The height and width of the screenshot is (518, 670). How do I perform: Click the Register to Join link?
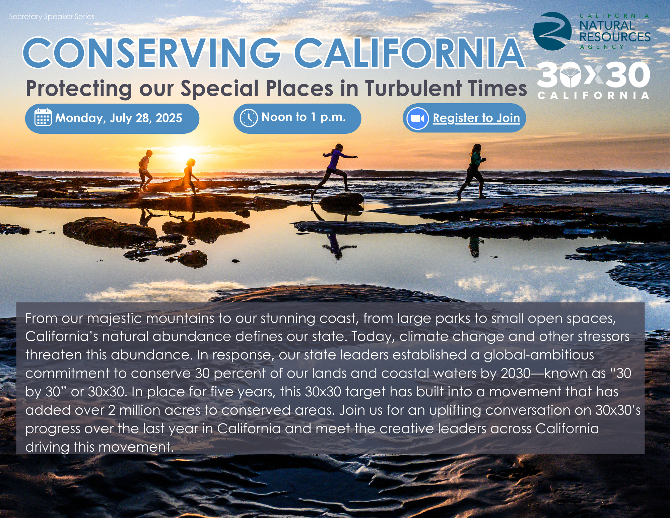pyautogui.click(x=476, y=118)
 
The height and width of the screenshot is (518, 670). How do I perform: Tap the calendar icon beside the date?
pyautogui.click(x=43, y=117)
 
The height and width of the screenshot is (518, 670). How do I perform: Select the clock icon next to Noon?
pyautogui.click(x=249, y=118)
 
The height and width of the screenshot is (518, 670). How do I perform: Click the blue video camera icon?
pyautogui.click(x=417, y=119)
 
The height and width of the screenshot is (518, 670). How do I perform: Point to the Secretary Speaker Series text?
pyautogui.click(x=52, y=16)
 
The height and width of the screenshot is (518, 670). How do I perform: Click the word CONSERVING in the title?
pyautogui.click(x=151, y=53)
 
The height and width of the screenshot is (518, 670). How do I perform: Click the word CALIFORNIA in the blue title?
pyautogui.click(x=409, y=53)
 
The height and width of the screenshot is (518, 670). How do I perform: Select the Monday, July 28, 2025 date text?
pyautogui.click(x=119, y=118)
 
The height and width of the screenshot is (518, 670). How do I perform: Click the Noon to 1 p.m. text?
pyautogui.click(x=304, y=117)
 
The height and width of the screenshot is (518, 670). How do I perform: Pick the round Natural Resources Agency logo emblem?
pyautogui.click(x=552, y=31)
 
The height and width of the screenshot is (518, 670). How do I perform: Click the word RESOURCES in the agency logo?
pyautogui.click(x=615, y=37)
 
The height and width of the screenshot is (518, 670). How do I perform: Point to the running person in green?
pyautogui.click(x=472, y=170)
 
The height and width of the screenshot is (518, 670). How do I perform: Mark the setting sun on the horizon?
pyautogui.click(x=184, y=154)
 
